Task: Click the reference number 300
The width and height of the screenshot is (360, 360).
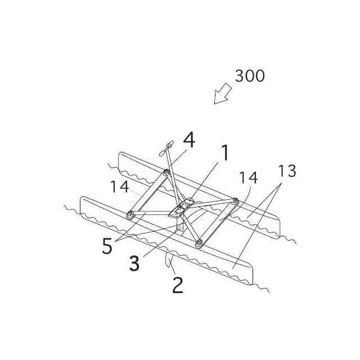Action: [250, 76]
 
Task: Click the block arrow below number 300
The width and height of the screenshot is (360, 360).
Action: [223, 93]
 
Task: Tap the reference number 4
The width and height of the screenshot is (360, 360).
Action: [189, 140]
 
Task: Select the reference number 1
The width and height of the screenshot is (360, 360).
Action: [224, 152]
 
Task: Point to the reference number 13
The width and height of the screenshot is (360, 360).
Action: [287, 172]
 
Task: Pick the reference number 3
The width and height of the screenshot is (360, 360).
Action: [134, 263]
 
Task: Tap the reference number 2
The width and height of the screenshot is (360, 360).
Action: [177, 285]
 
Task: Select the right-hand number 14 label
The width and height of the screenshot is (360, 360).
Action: [247, 178]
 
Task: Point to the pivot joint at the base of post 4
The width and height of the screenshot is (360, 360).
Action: [167, 173]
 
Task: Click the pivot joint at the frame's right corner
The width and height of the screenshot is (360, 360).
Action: [235, 201]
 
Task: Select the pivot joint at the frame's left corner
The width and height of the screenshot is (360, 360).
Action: [130, 214]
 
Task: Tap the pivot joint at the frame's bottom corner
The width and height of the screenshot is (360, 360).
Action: [199, 243]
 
